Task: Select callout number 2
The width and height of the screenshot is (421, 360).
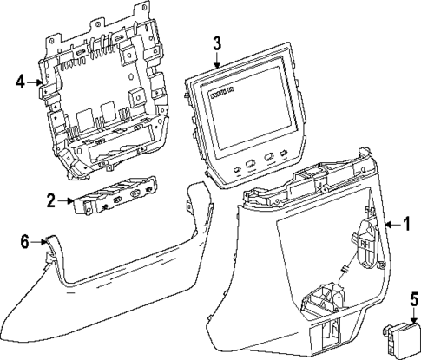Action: tap(51, 201)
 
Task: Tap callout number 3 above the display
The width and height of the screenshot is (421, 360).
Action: tap(217, 43)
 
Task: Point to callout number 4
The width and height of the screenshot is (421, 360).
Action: tap(20, 83)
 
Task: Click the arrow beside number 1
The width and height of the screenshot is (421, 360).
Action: tap(390, 225)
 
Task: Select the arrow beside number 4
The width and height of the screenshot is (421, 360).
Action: tap(34, 84)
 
